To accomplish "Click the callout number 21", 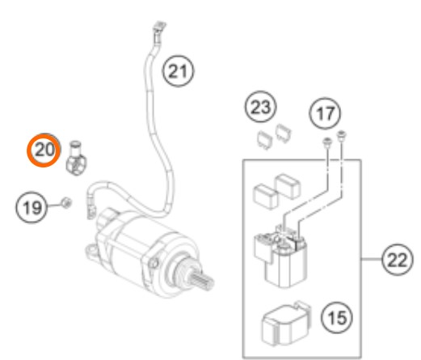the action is [178, 71].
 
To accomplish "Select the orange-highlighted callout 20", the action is [43, 150].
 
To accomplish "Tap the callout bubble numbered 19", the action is [32, 207].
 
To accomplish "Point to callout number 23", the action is [260, 107].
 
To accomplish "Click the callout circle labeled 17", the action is [325, 113].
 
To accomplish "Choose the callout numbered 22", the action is [398, 260].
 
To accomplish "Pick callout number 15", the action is [337, 317].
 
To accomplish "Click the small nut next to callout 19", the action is [66, 202].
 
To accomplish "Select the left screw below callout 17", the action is [327, 142].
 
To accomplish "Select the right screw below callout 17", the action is [341, 135].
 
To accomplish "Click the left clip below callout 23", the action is [264, 139].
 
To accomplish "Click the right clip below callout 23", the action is [284, 133].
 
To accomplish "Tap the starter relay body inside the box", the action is [281, 256].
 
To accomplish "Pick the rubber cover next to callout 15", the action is [286, 324].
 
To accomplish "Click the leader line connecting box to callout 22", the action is [371, 260].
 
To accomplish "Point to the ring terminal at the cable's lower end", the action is [91, 210].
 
